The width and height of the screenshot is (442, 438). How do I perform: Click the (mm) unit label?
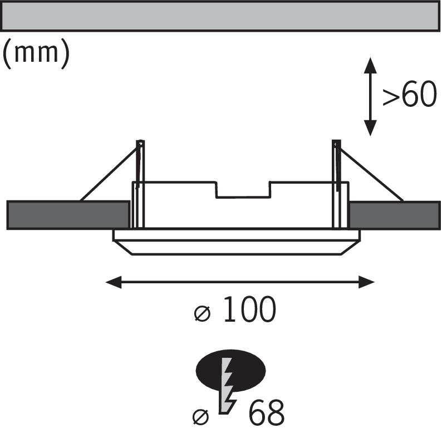tap(36, 54)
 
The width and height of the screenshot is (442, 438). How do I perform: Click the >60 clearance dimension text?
tap(409, 96)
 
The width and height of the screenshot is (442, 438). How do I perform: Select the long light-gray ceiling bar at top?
tap(221, 16)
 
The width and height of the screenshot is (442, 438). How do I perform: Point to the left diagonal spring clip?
tap(109, 172)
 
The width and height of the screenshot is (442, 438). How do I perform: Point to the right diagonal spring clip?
tap(370, 173)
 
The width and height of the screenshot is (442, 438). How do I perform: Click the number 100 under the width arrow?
tap(249, 311)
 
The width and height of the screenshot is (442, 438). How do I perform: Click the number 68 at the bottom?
tap(266, 413)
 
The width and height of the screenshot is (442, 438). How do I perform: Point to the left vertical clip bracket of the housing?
tap(140, 184)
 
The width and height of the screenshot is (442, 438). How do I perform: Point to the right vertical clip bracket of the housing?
tap(336, 184)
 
